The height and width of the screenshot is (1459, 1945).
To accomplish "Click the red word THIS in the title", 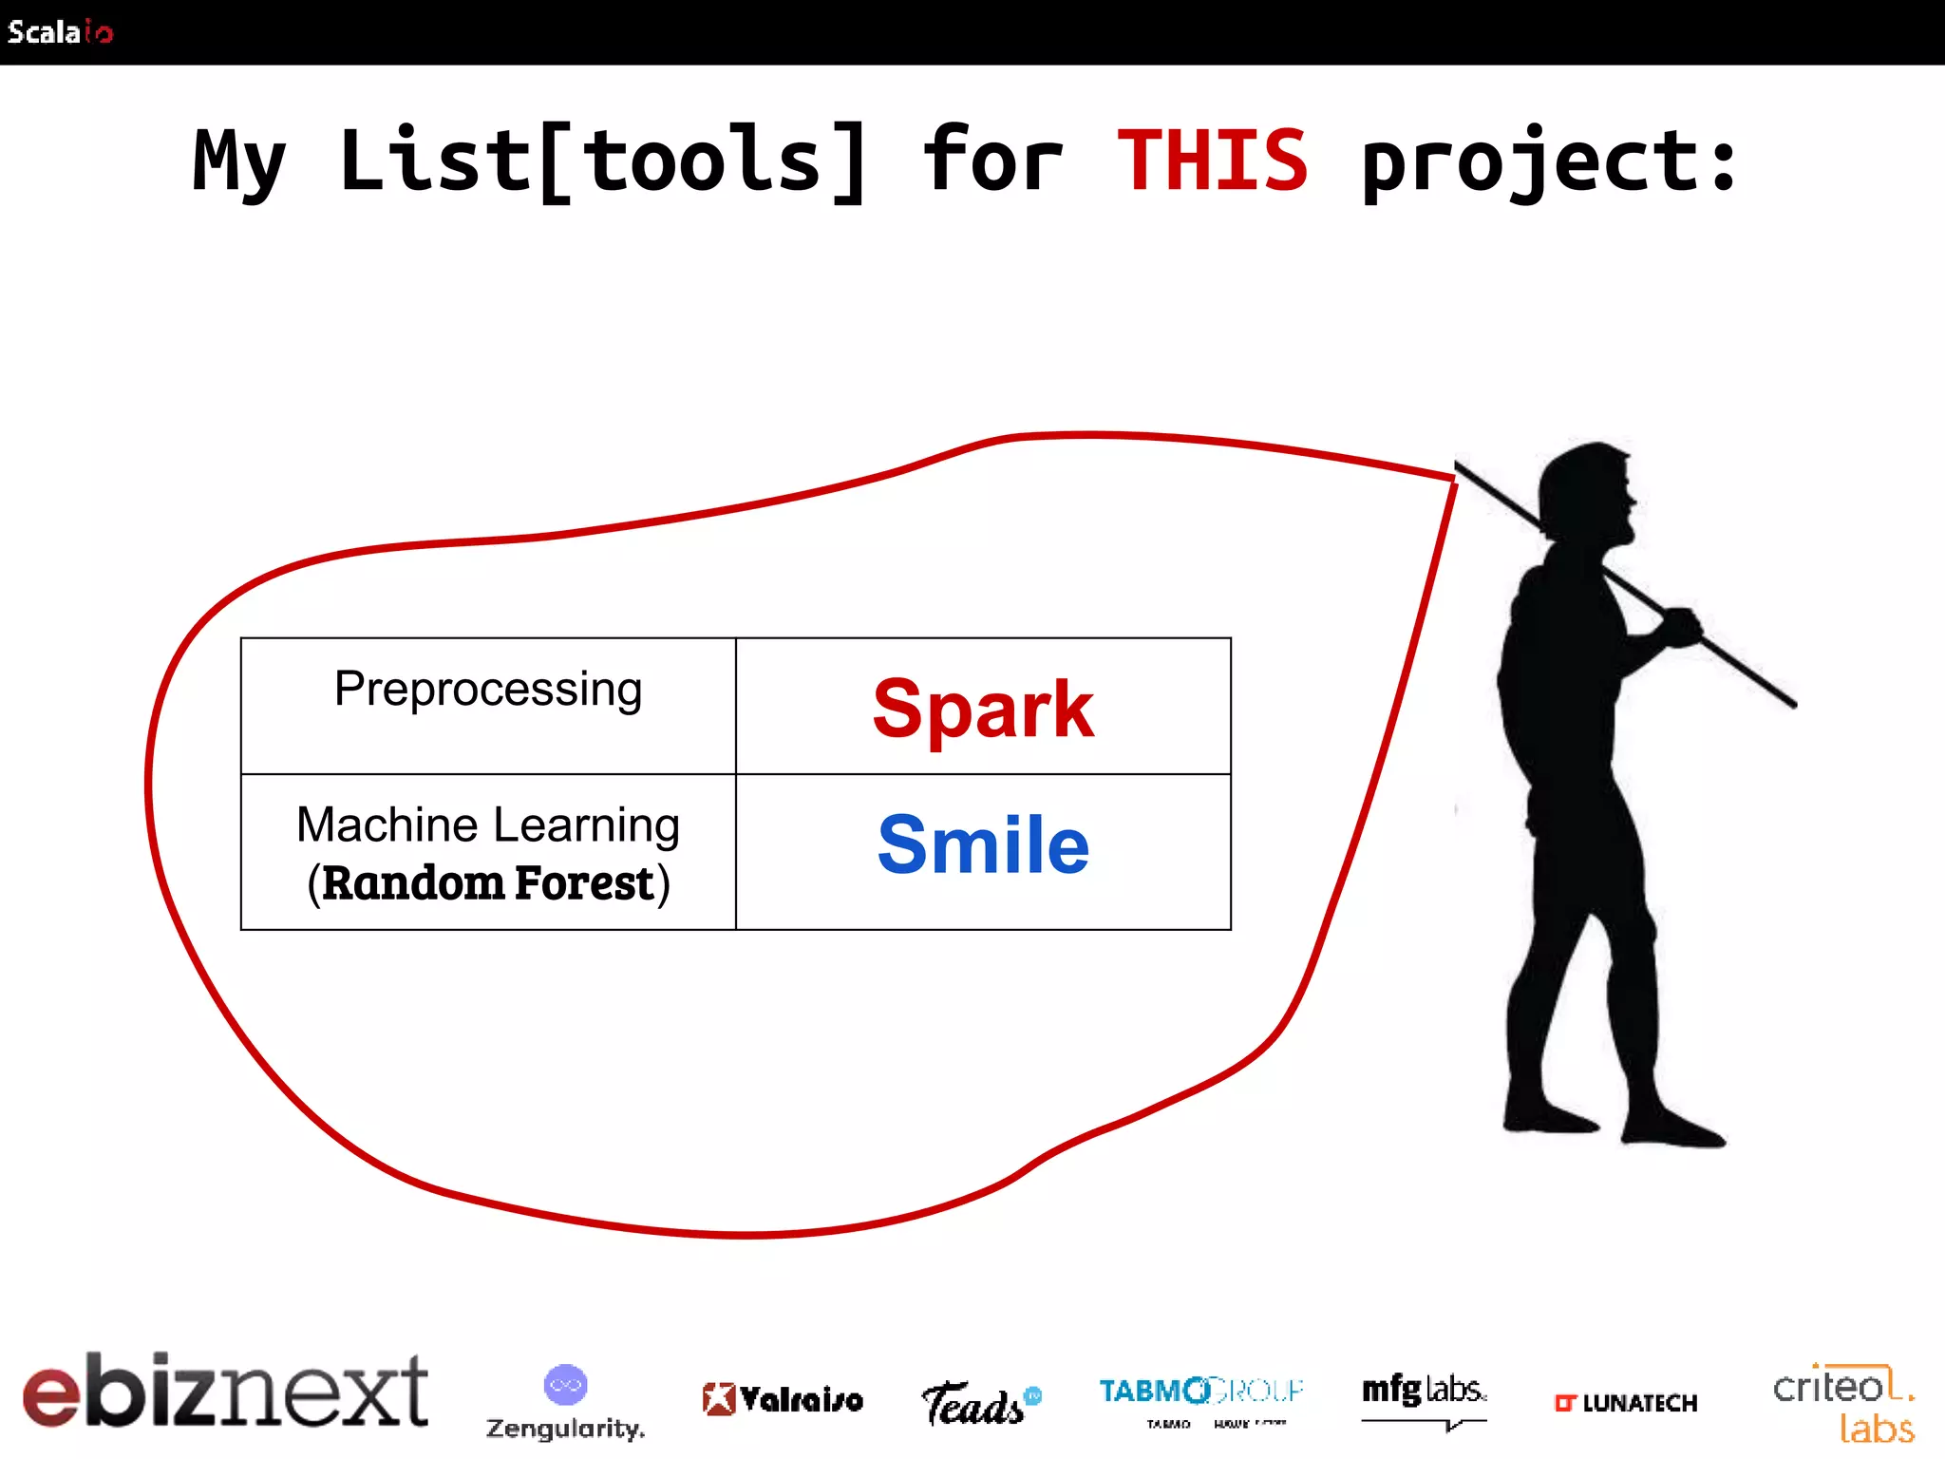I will (1212, 161).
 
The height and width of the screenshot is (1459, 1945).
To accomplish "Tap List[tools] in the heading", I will (603, 161).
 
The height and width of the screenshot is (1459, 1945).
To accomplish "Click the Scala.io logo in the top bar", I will (60, 32).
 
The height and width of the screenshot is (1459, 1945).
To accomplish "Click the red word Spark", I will (983, 709).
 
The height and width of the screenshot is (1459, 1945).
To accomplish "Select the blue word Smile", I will (983, 844).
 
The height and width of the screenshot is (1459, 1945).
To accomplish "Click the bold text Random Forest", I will (488, 882).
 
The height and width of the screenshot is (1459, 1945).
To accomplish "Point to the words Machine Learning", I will (488, 824).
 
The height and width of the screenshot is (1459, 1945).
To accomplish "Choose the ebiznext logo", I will (225, 1391).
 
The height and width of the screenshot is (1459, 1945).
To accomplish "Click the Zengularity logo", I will (565, 1402).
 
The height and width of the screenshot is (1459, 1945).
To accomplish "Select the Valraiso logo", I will (783, 1398).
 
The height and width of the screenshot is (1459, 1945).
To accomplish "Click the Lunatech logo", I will (1625, 1403).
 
